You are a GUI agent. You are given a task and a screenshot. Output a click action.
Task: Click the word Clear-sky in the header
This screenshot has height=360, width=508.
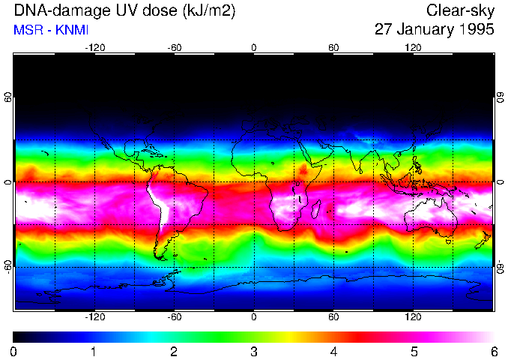click(460, 10)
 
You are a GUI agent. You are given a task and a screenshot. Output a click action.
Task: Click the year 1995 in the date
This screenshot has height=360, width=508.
click(474, 30)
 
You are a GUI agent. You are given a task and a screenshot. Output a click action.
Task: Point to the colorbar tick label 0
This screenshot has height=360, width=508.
click(14, 351)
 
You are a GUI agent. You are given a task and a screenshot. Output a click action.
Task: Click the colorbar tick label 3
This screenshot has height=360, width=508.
click(254, 351)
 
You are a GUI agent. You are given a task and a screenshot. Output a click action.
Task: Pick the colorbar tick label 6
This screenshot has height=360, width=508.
click(493, 351)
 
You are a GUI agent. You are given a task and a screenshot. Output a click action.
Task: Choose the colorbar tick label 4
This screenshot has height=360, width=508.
click(333, 351)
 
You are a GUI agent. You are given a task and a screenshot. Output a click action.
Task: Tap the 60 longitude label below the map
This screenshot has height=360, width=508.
click(333, 317)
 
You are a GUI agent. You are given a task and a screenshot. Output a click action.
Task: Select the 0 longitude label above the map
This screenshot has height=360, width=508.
click(254, 48)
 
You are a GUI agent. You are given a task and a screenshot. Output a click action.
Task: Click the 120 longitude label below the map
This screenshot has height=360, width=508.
click(413, 317)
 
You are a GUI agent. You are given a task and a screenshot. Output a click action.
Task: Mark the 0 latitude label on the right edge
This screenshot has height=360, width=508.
click(500, 182)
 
